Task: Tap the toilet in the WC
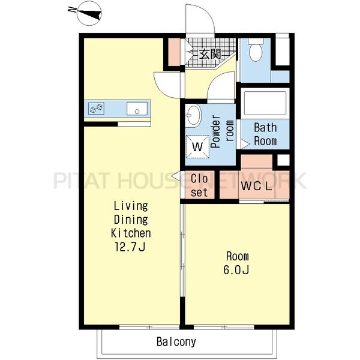pos(256,50)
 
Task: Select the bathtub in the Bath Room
pos(265,103)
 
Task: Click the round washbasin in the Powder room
pos(193,115)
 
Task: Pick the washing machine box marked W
pos(197,146)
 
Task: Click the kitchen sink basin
pos(137,109)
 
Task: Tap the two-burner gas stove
pos(96,109)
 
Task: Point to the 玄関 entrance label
pos(209,55)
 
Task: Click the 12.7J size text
pos(130,247)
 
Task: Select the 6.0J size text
pos(236,270)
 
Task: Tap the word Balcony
pos(176,341)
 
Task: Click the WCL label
pos(256,186)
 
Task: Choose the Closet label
pos(199,185)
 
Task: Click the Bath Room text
pos(265,134)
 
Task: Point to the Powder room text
pos(222,131)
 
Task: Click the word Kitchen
pos(131,233)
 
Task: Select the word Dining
pos(131,220)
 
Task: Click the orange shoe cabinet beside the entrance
pos(174,52)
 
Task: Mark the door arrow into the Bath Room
pos(245,144)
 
